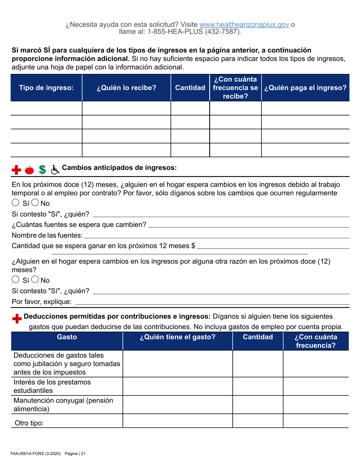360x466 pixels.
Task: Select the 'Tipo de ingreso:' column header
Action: point(46,88)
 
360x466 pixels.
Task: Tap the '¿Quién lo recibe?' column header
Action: point(126,88)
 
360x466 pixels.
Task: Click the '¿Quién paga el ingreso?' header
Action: point(305,88)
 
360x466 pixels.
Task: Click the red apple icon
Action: point(29,170)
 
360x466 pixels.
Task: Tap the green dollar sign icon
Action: point(42,170)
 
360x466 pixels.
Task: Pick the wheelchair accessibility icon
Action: point(55,170)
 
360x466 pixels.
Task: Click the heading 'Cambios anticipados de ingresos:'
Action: point(119,168)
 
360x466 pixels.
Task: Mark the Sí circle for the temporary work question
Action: point(16,203)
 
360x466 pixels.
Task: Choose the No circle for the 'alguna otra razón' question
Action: point(35,280)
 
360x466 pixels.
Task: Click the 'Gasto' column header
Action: point(67,337)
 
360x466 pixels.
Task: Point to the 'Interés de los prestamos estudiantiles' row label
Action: point(52,386)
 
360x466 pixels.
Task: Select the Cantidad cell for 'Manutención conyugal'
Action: point(257,405)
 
